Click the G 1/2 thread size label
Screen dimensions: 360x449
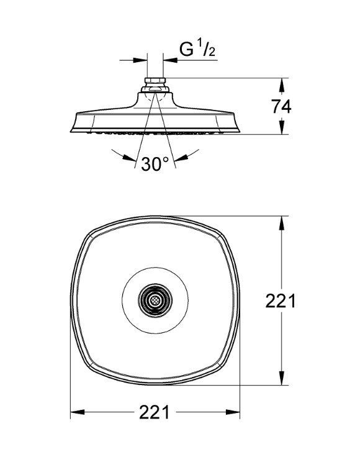tap(197, 49)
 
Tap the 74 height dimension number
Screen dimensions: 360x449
tap(281, 107)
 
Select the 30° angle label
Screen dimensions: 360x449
tap(155, 164)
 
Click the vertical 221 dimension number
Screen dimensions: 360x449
tap(280, 301)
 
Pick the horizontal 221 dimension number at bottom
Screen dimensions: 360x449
tap(155, 412)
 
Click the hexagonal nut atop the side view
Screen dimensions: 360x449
tap(155, 81)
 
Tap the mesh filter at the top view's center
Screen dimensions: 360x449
tap(155, 301)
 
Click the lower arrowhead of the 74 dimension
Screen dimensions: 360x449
tap(282, 127)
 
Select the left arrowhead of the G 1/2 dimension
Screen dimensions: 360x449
tap(140, 60)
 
